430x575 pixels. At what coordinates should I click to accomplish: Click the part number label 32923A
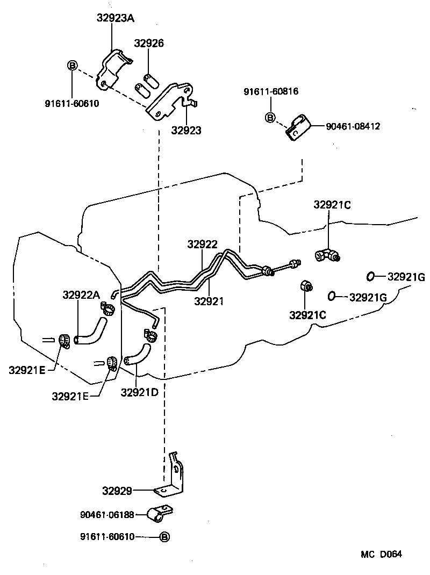(x=115, y=18)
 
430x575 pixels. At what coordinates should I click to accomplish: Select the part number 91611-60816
(x=271, y=92)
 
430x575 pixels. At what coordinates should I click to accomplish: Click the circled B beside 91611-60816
(x=270, y=117)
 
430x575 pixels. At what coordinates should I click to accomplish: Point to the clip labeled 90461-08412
(x=297, y=127)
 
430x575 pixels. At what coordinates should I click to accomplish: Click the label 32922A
(x=81, y=294)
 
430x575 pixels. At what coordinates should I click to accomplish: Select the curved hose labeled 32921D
(x=137, y=356)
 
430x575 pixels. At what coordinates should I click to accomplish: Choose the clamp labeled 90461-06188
(x=158, y=514)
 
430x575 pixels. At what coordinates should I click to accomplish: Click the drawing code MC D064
(x=382, y=554)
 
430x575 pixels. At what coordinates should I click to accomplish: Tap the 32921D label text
(x=139, y=392)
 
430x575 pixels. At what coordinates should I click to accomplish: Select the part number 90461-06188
(x=107, y=515)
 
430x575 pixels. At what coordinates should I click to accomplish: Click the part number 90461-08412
(x=353, y=127)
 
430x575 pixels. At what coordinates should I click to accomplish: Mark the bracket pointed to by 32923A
(x=114, y=69)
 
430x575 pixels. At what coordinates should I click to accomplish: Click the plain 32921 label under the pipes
(x=210, y=301)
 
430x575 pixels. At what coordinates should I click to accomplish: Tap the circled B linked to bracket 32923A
(x=72, y=66)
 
